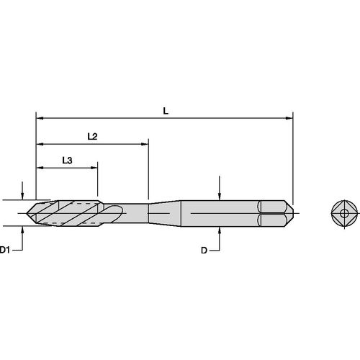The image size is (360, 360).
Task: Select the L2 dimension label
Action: pyautogui.click(x=92, y=136)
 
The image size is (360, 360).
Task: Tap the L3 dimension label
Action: pyautogui.click(x=67, y=161)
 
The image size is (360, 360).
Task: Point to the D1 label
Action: pyautogui.click(x=6, y=250)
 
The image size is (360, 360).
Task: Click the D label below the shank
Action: pyautogui.click(x=204, y=250)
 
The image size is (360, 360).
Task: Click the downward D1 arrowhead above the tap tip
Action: pyautogui.click(x=24, y=196)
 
